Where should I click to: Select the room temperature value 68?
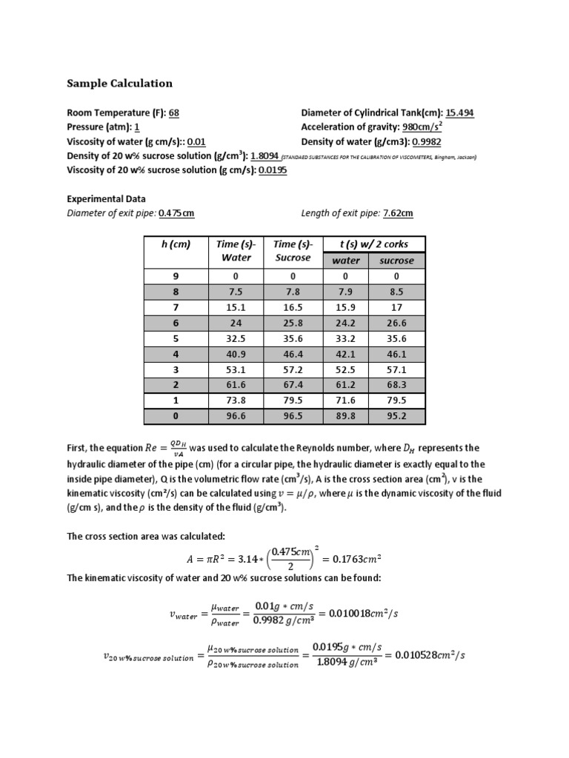coord(174,113)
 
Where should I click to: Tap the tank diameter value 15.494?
coord(459,113)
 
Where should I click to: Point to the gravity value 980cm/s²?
coord(422,127)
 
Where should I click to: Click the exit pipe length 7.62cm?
coord(398,214)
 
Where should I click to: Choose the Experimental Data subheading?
coord(106,199)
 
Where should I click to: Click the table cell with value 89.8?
coord(346,416)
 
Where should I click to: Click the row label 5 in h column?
coord(176,338)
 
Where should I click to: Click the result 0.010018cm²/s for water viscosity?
coord(377,614)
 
